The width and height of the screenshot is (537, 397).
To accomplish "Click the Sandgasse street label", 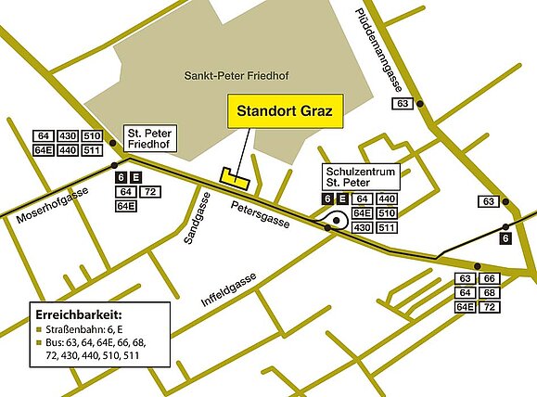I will (x=192, y=223).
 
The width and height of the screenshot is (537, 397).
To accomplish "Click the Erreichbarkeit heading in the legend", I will (x=78, y=313).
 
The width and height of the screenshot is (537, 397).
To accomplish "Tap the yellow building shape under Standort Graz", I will (x=230, y=175).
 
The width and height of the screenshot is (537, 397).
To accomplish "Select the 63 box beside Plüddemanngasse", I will (x=402, y=104).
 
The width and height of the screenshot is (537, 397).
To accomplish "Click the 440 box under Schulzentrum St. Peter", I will (x=388, y=199).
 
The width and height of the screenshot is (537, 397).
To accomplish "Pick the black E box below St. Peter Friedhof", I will (x=136, y=177).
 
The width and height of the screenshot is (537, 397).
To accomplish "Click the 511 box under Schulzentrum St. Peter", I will (x=388, y=227).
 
